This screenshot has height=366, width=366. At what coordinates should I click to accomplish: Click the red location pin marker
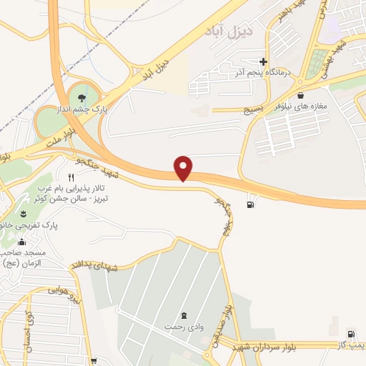point(184,168)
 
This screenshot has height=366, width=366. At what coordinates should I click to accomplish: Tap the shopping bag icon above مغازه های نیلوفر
point(300,95)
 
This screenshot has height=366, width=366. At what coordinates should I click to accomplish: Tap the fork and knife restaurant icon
point(71,177)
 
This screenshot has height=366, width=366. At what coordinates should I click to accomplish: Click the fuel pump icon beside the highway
point(249,206)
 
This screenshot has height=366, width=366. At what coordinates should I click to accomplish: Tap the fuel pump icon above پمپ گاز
point(350,334)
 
